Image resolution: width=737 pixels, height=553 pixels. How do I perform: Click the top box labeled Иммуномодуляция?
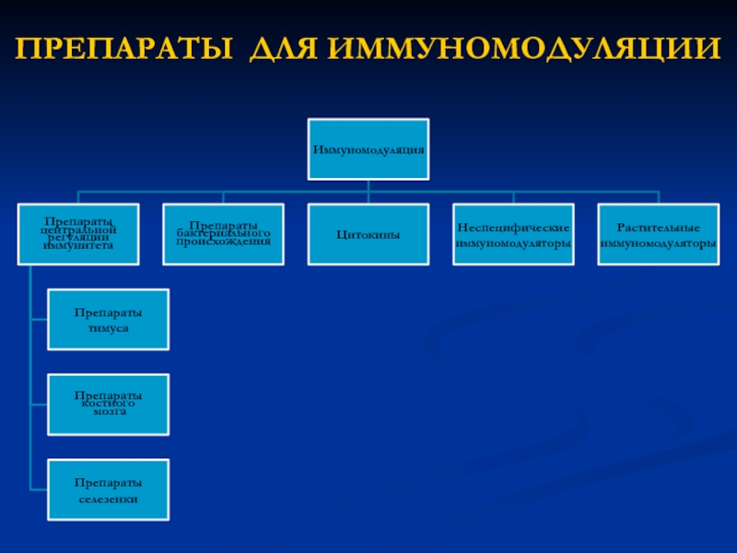[368, 148]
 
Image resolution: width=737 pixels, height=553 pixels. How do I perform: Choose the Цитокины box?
[368, 235]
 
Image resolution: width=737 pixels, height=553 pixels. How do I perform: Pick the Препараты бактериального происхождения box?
[224, 234]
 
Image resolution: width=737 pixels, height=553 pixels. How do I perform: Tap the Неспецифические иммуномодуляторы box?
[513, 235]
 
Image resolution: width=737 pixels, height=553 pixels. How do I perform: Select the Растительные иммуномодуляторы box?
[658, 235]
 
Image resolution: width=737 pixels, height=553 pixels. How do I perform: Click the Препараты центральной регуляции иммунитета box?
[78, 234]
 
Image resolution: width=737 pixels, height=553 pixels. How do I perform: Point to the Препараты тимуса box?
[109, 320]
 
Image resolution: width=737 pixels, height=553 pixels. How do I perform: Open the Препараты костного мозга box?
[109, 404]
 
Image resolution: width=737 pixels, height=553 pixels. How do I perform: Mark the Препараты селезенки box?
[109, 489]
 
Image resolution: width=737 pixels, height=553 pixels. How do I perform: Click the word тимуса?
[109, 328]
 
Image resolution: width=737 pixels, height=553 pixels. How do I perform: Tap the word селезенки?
[109, 499]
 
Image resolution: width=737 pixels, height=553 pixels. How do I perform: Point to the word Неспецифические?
[513, 227]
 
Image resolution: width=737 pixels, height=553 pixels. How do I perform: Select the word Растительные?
[658, 227]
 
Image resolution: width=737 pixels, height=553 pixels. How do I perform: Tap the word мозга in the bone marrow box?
[109, 412]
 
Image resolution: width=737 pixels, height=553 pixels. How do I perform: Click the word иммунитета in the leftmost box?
[78, 246]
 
